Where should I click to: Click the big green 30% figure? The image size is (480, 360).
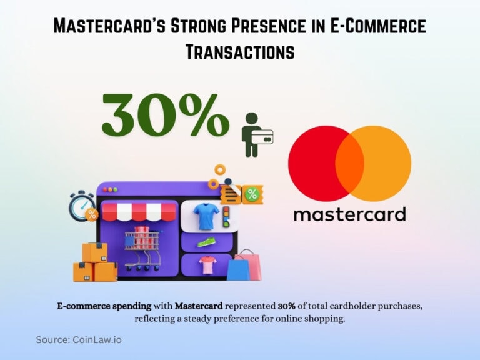point(165,115)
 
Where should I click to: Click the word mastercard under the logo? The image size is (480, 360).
point(349,214)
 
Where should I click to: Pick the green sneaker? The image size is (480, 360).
point(206,241)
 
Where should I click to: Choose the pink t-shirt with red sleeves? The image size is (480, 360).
point(207,265)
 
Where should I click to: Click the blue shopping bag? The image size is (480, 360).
point(238,269)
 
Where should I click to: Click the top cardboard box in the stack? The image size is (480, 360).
point(95,252)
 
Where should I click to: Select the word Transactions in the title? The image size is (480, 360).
point(240,52)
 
